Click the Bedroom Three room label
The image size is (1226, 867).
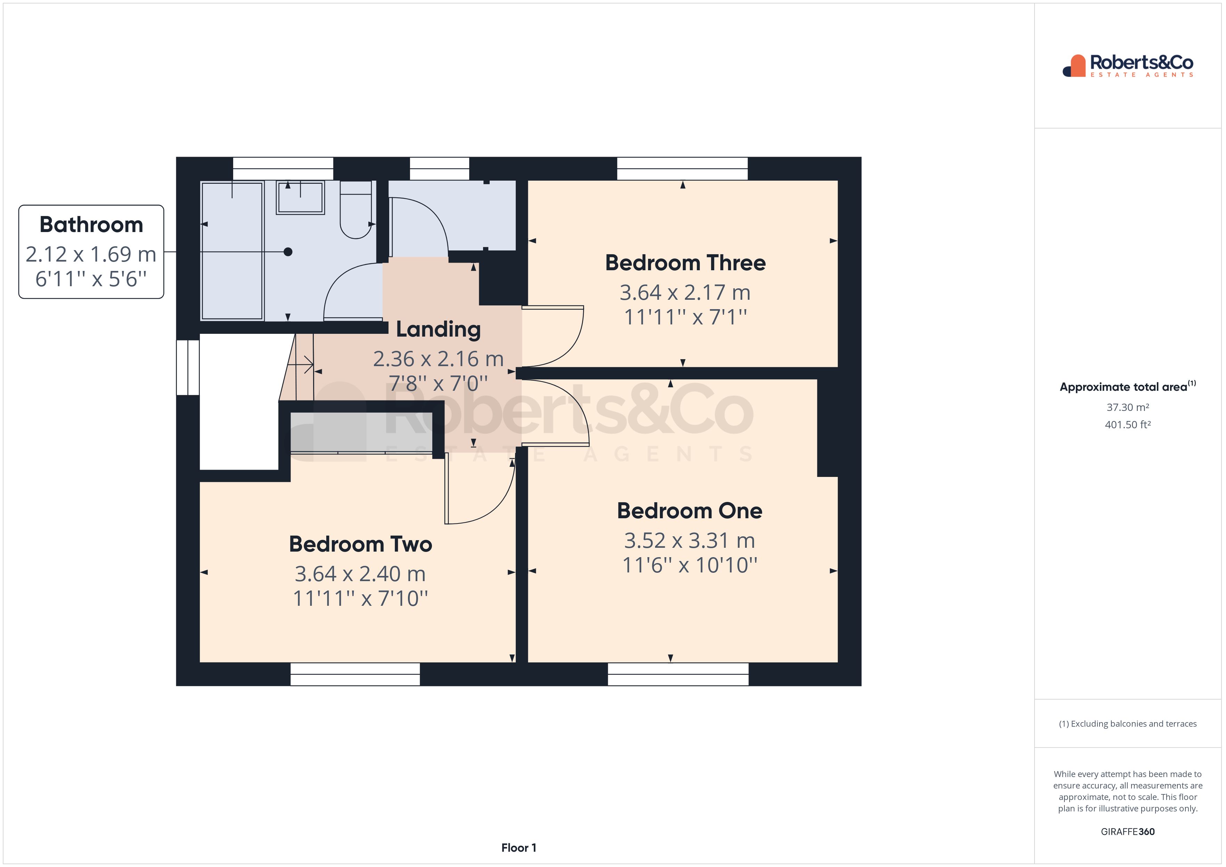tap(685, 263)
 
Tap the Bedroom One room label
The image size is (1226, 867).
tap(689, 511)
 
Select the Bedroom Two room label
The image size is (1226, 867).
tap(360, 545)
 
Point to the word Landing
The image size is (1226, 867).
tap(438, 329)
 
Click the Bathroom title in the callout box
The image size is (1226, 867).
tap(91, 225)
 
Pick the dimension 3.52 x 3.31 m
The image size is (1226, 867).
tap(689, 541)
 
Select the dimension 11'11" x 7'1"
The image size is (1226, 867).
tap(685, 317)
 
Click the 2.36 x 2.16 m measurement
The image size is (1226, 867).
tap(438, 359)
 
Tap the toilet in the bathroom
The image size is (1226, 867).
tap(355, 211)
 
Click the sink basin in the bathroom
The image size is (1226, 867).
tap(300, 198)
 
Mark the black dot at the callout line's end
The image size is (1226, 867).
tap(288, 252)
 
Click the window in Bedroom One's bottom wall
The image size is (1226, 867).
tap(678, 674)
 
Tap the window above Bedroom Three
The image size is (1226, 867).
tap(683, 169)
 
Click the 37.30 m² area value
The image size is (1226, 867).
tap(1127, 407)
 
